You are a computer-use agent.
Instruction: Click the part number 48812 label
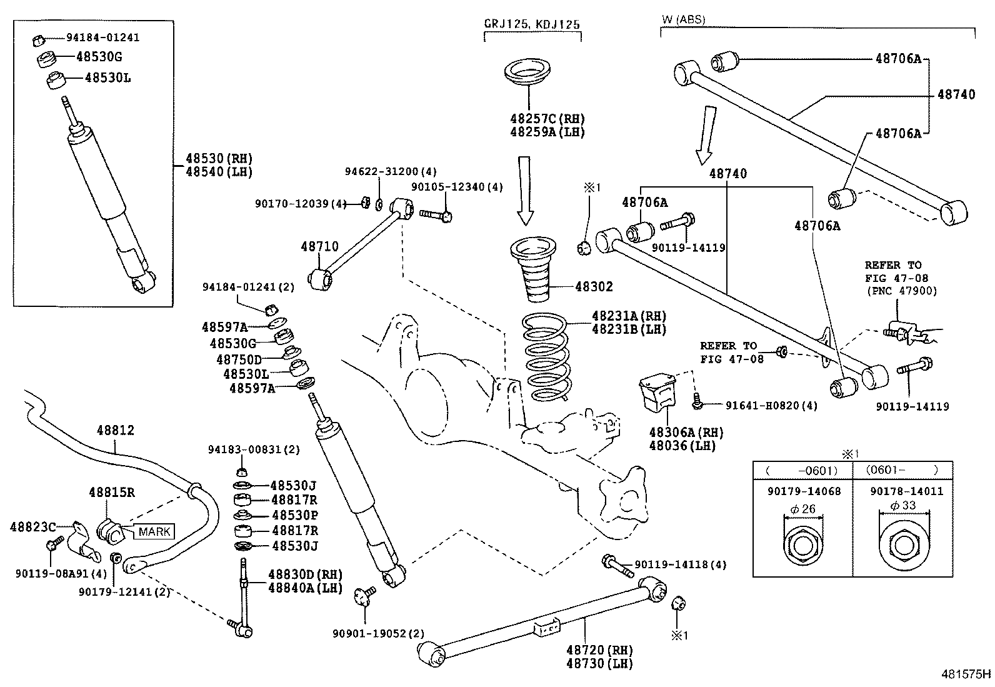115,431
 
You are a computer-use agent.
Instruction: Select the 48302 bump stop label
594,287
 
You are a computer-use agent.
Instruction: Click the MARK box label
154,532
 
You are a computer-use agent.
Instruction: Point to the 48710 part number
319,247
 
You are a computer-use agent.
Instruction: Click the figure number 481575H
966,674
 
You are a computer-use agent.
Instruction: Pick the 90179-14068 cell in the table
804,491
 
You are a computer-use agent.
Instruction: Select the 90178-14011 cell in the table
903,491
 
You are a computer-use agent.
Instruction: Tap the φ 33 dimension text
903,506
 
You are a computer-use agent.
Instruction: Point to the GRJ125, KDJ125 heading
532,24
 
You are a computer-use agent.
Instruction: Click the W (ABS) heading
683,19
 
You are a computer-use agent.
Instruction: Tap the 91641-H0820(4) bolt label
771,406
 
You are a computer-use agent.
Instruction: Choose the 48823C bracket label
32,527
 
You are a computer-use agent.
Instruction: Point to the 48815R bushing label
111,492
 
